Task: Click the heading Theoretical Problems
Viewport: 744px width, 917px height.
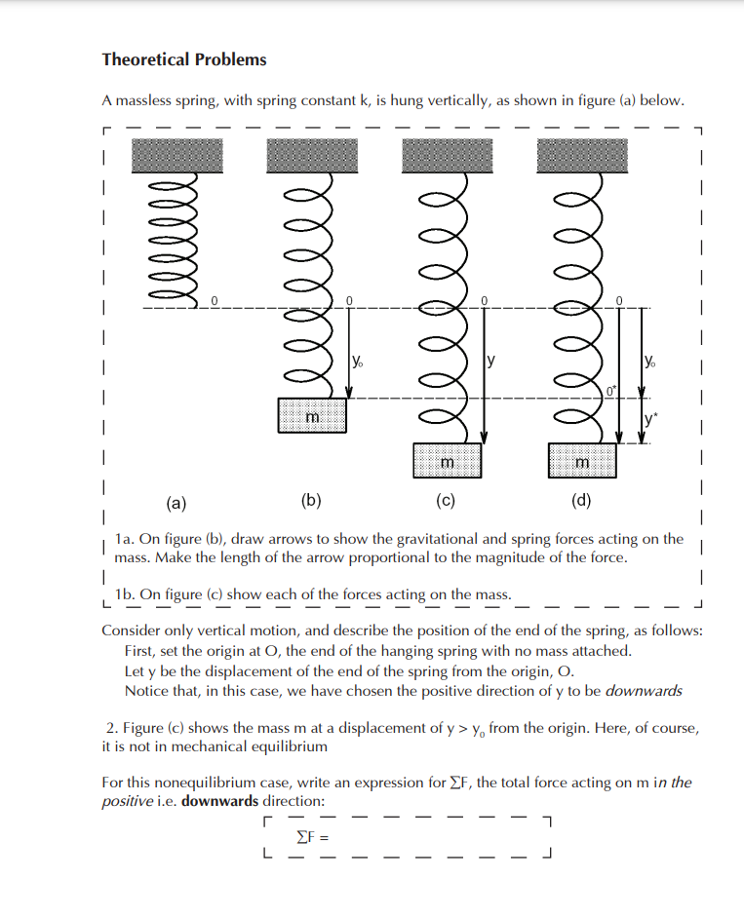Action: [183, 59]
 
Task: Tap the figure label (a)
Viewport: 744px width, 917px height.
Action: [176, 503]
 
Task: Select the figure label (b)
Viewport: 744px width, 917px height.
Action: [310, 503]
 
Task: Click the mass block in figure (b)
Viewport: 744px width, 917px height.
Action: [312, 415]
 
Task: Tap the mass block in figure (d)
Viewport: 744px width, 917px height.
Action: [582, 459]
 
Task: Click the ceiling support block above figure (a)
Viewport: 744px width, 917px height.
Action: [177, 155]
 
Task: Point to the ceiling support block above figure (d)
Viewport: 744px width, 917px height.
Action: [582, 155]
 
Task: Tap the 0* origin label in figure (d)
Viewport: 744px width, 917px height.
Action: [610, 392]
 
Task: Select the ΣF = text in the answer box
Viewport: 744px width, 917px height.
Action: [313, 836]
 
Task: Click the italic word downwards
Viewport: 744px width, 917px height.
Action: [644, 691]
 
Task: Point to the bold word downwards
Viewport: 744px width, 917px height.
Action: [220, 801]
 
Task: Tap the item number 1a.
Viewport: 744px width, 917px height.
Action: [124, 539]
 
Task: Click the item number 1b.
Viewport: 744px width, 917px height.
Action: [124, 593]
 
